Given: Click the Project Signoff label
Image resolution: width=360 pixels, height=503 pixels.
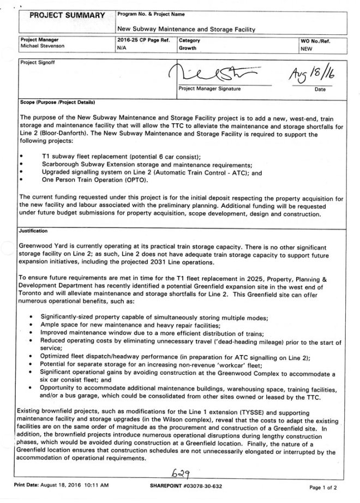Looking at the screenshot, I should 34,63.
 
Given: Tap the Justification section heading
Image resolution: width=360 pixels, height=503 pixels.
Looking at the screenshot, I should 33,231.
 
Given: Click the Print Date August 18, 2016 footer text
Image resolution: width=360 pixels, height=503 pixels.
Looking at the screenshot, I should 62,485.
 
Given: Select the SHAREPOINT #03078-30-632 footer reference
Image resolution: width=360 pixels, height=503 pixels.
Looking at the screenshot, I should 186,485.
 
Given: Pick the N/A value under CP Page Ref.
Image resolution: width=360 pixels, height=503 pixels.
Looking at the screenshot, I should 122,48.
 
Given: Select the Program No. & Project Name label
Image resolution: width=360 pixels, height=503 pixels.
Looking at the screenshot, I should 149,13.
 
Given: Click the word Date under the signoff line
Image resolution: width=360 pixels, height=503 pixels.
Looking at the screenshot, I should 320,89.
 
